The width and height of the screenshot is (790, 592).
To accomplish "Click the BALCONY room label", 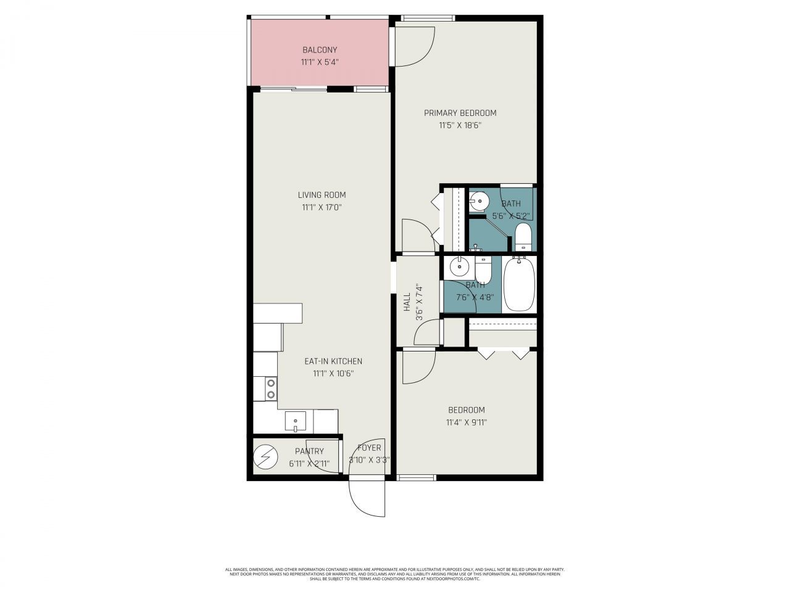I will click(319, 50).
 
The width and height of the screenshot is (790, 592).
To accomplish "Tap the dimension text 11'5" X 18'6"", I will click(460, 125).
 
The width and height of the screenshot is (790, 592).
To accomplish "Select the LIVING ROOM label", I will click(322, 195).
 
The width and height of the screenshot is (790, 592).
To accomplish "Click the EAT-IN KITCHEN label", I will click(333, 361).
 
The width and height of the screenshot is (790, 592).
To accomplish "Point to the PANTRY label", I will click(309, 451).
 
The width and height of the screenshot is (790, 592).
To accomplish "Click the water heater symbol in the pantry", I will click(266, 457).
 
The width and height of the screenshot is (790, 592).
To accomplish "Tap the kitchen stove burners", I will click(271, 388).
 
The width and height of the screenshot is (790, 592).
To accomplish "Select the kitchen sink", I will click(296, 422).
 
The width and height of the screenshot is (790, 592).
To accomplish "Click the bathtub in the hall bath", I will click(519, 284).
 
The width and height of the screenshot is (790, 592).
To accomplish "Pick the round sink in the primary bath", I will click(479, 201).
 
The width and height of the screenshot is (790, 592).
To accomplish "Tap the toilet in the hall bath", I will click(483, 268).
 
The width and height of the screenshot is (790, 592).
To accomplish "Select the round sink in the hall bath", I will click(459, 267).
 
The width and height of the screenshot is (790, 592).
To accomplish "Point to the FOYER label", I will click(369, 448).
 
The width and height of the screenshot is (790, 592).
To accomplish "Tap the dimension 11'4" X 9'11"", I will click(466, 422).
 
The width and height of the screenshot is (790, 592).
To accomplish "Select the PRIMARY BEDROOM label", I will click(460, 113).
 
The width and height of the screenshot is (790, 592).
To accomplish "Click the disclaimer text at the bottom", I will click(395, 574).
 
